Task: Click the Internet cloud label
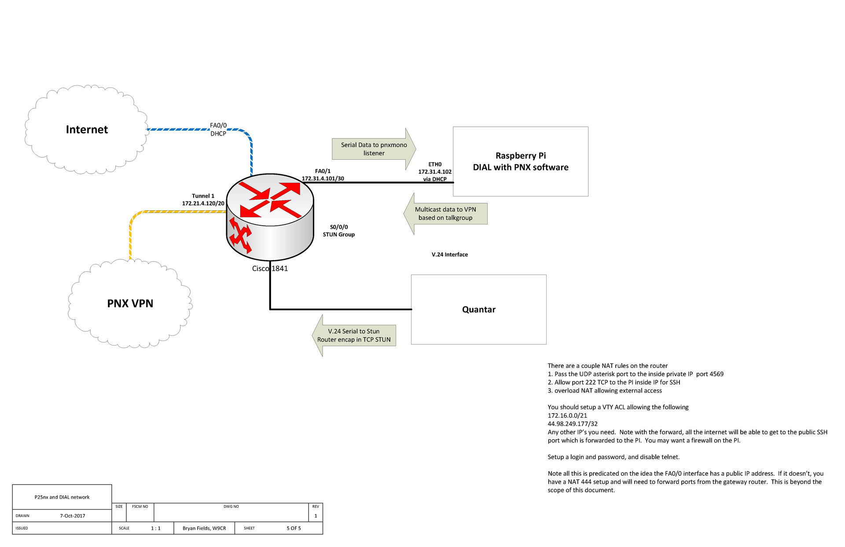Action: pyautogui.click(x=87, y=129)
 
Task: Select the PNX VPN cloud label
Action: pyautogui.click(x=130, y=303)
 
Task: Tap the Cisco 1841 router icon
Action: pyautogui.click(x=270, y=217)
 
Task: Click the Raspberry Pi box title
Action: pyautogui.click(x=521, y=162)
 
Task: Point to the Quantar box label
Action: pyautogui.click(x=479, y=309)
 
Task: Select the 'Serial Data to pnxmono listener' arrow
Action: pyautogui.click(x=374, y=149)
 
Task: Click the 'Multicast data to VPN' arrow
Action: pyautogui.click(x=445, y=213)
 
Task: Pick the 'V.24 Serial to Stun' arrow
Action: pyautogui.click(x=354, y=335)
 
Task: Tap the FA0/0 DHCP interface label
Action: pyautogui.click(x=218, y=129)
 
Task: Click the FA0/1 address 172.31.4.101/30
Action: pyautogui.click(x=323, y=179)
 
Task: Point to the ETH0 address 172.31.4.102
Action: pyautogui.click(x=435, y=172)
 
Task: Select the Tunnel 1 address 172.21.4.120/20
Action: pyautogui.click(x=203, y=203)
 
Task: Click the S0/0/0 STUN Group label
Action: pyautogui.click(x=339, y=231)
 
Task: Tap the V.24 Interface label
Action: pyautogui.click(x=450, y=254)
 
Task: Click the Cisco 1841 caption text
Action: pyautogui.click(x=270, y=268)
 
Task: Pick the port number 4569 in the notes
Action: pyautogui.click(x=716, y=374)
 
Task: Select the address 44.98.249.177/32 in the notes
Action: pyautogui.click(x=573, y=424)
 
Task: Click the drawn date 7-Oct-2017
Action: pyautogui.click(x=73, y=516)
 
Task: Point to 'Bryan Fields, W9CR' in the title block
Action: pyautogui.click(x=204, y=528)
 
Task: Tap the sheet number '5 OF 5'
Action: pyautogui.click(x=294, y=528)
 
